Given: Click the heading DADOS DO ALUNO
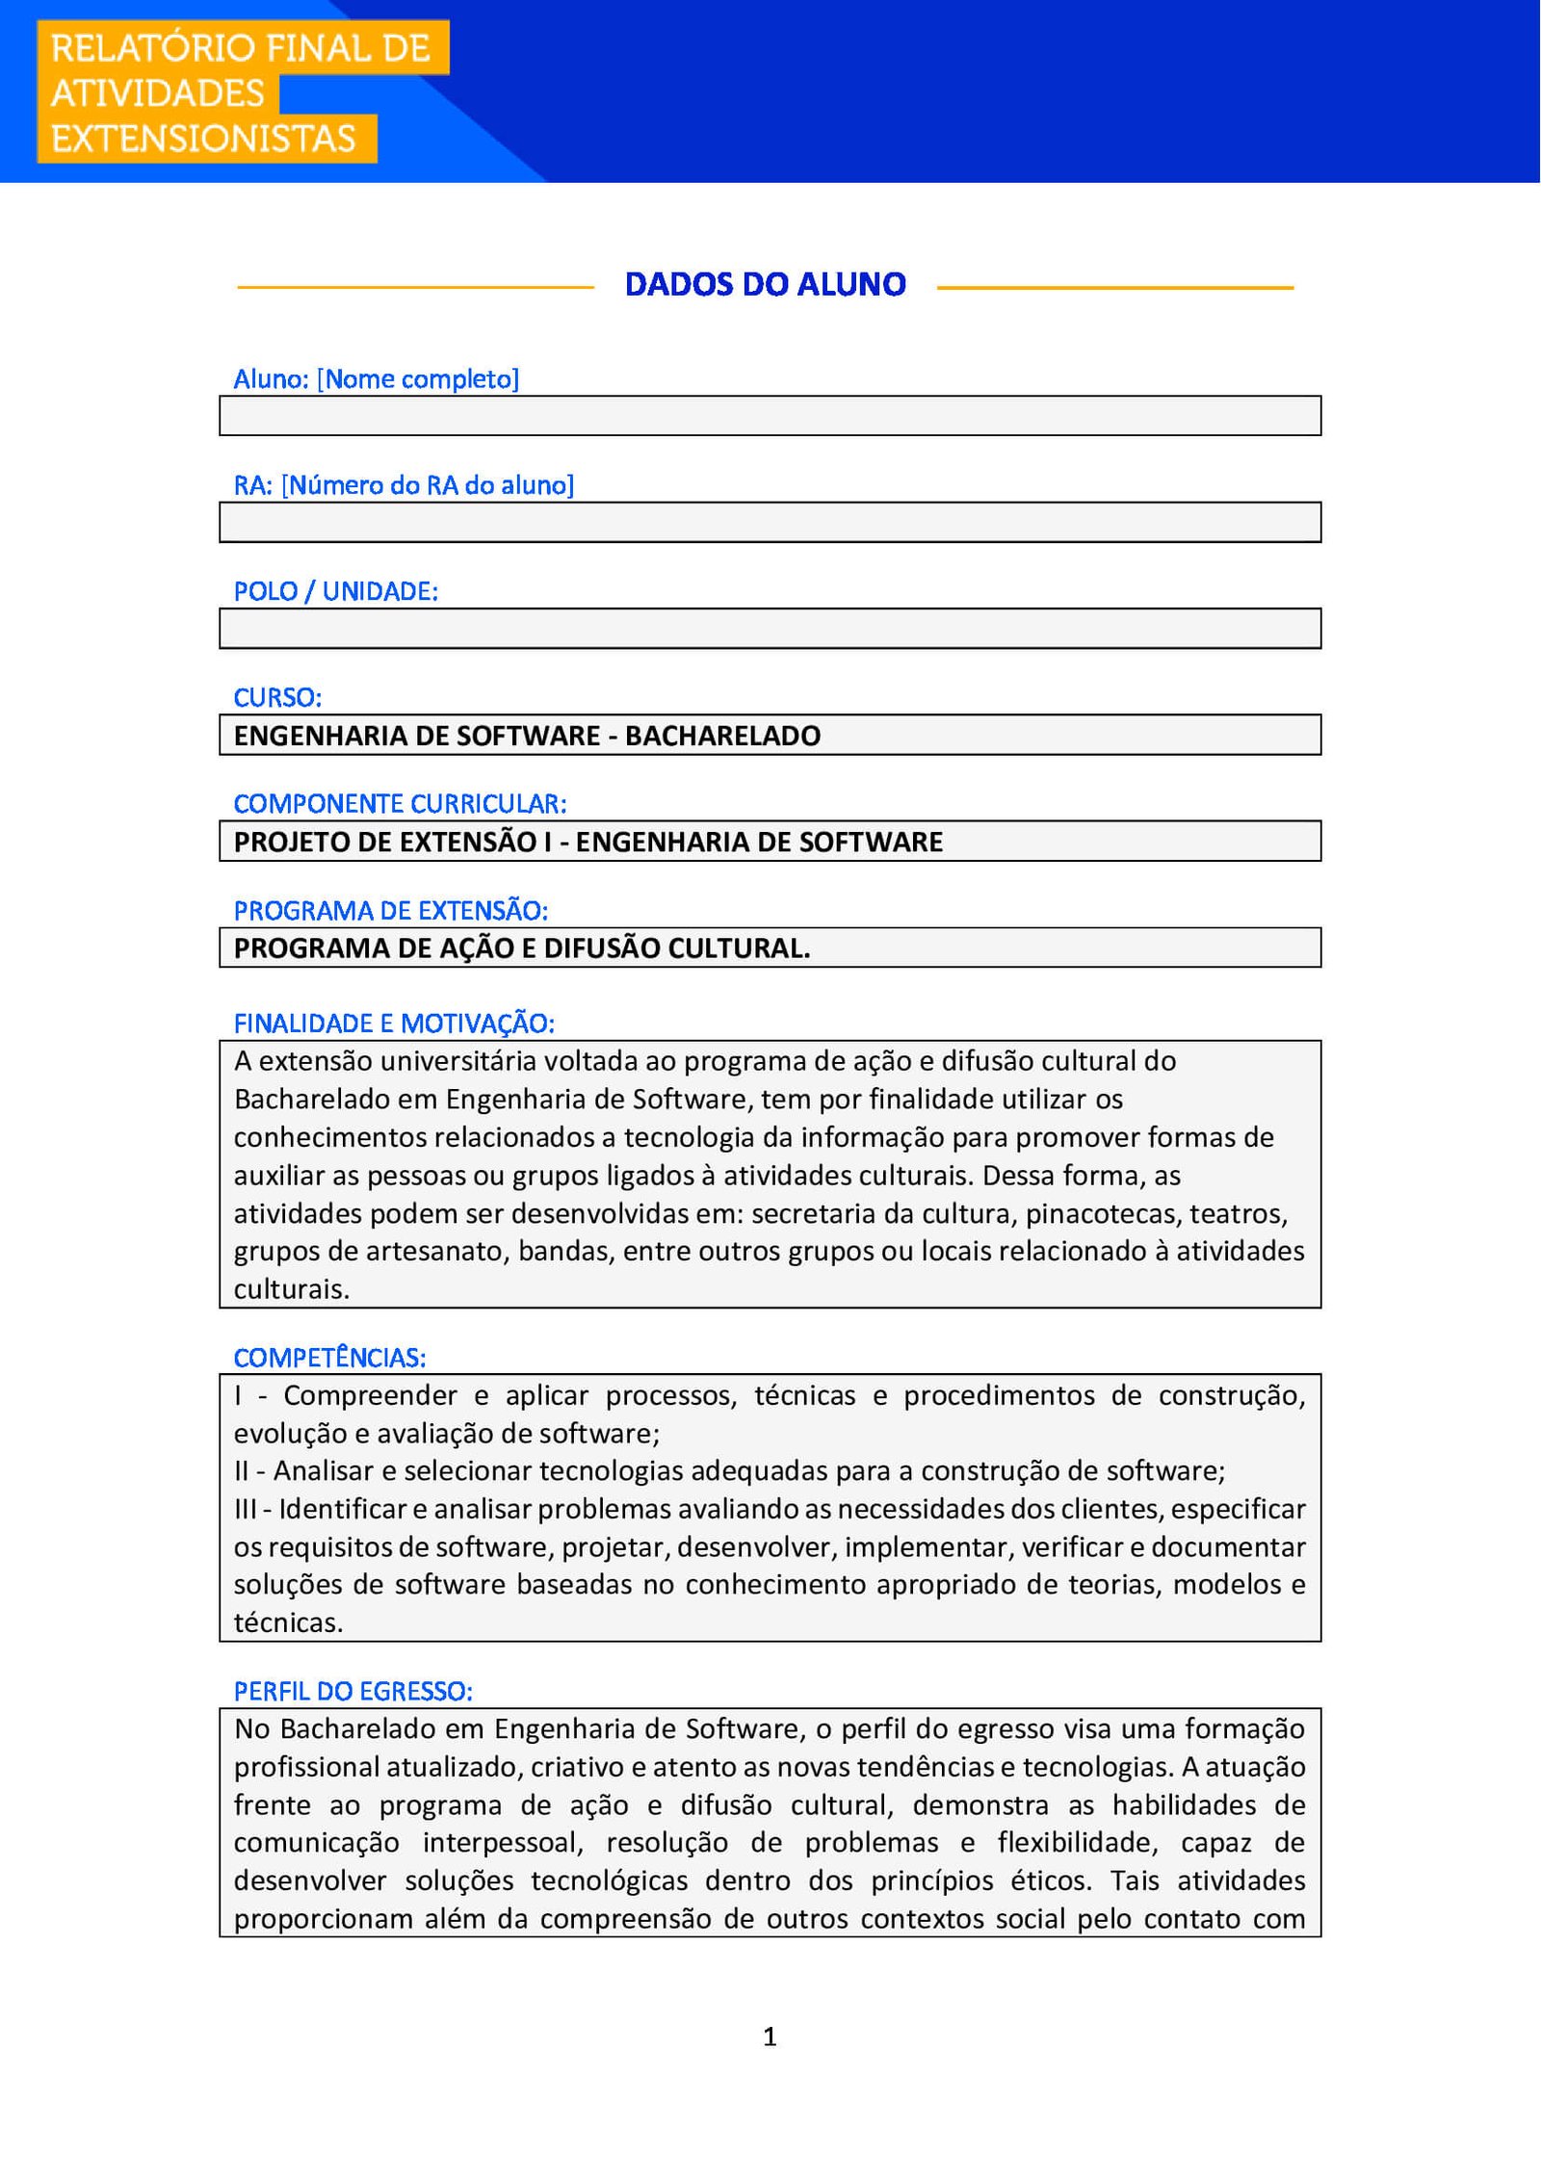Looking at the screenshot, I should [x=765, y=285].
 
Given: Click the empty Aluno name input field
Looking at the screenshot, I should [x=770, y=416].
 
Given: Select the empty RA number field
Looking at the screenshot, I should [x=770, y=522].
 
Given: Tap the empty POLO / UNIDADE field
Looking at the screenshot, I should [x=770, y=629].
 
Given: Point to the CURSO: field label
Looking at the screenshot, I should [x=277, y=697].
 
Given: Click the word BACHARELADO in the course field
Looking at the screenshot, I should [x=722, y=736].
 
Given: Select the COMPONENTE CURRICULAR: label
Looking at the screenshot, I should [x=400, y=803].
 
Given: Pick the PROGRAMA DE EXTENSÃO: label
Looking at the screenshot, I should [x=390, y=910].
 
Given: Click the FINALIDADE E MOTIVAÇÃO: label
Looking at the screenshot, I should [x=394, y=1024].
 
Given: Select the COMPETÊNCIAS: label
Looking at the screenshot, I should [x=329, y=1358].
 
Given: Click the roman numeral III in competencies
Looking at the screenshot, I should [x=245, y=1509].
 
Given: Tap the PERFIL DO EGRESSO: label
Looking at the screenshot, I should [x=353, y=1691].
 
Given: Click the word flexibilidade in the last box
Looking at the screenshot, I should [x=1076, y=1842].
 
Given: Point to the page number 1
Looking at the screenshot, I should [x=770, y=2036].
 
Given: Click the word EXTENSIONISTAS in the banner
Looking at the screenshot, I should [x=203, y=139].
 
